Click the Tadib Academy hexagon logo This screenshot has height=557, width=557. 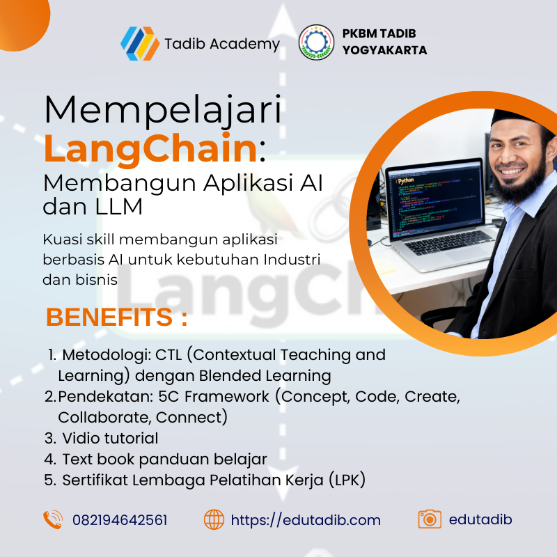pyautogui.click(x=140, y=43)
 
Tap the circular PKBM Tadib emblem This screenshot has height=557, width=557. pyautogui.click(x=316, y=42)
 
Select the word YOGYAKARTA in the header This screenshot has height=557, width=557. pyautogui.click(x=384, y=50)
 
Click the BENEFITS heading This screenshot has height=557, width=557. pyautogui.click(x=116, y=317)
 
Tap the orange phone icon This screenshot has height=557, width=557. pyautogui.click(x=53, y=519)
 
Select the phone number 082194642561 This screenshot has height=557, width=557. pyautogui.click(x=120, y=520)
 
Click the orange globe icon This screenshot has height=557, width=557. pyautogui.click(x=214, y=519)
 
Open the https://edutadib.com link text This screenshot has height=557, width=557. pyautogui.click(x=306, y=520)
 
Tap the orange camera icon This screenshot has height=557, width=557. pyautogui.click(x=430, y=519)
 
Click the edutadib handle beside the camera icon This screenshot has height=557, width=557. pyautogui.click(x=481, y=519)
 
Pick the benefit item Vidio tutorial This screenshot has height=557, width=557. pyautogui.click(x=109, y=438)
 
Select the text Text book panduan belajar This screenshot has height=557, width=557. pyautogui.click(x=164, y=459)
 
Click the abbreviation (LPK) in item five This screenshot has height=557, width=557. pyautogui.click(x=345, y=480)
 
